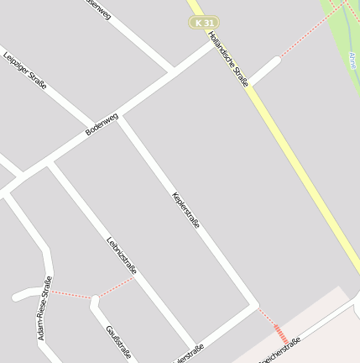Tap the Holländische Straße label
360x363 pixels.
point(228,58)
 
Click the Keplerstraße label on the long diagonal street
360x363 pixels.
point(186,209)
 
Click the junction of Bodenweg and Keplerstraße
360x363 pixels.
point(118,118)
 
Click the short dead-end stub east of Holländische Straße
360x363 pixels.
point(264,71)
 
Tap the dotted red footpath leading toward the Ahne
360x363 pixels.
point(307,34)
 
